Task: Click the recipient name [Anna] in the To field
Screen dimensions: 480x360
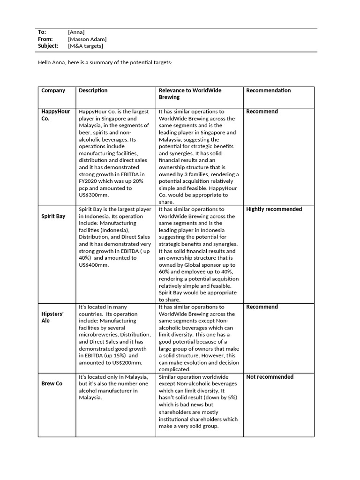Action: point(76,32)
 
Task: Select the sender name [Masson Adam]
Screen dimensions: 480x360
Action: point(87,39)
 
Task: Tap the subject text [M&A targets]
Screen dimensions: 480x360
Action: point(85,46)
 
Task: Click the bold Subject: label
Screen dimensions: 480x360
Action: point(48,46)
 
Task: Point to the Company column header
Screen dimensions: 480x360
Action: point(53,90)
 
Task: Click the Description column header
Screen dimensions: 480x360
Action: point(93,90)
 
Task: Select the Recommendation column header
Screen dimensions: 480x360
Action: point(268,90)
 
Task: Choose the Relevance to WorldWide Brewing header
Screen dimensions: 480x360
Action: point(190,94)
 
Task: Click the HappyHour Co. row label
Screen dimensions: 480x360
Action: point(55,115)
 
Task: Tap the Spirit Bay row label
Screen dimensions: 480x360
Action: point(53,217)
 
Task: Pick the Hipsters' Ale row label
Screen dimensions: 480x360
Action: point(52,317)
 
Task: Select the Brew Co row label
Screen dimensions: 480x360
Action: point(52,383)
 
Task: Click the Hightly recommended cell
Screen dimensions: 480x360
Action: point(274,209)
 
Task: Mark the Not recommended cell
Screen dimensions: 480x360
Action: point(270,377)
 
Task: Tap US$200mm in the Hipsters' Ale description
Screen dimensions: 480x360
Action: point(126,362)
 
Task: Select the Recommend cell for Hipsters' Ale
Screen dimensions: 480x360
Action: point(262,307)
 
